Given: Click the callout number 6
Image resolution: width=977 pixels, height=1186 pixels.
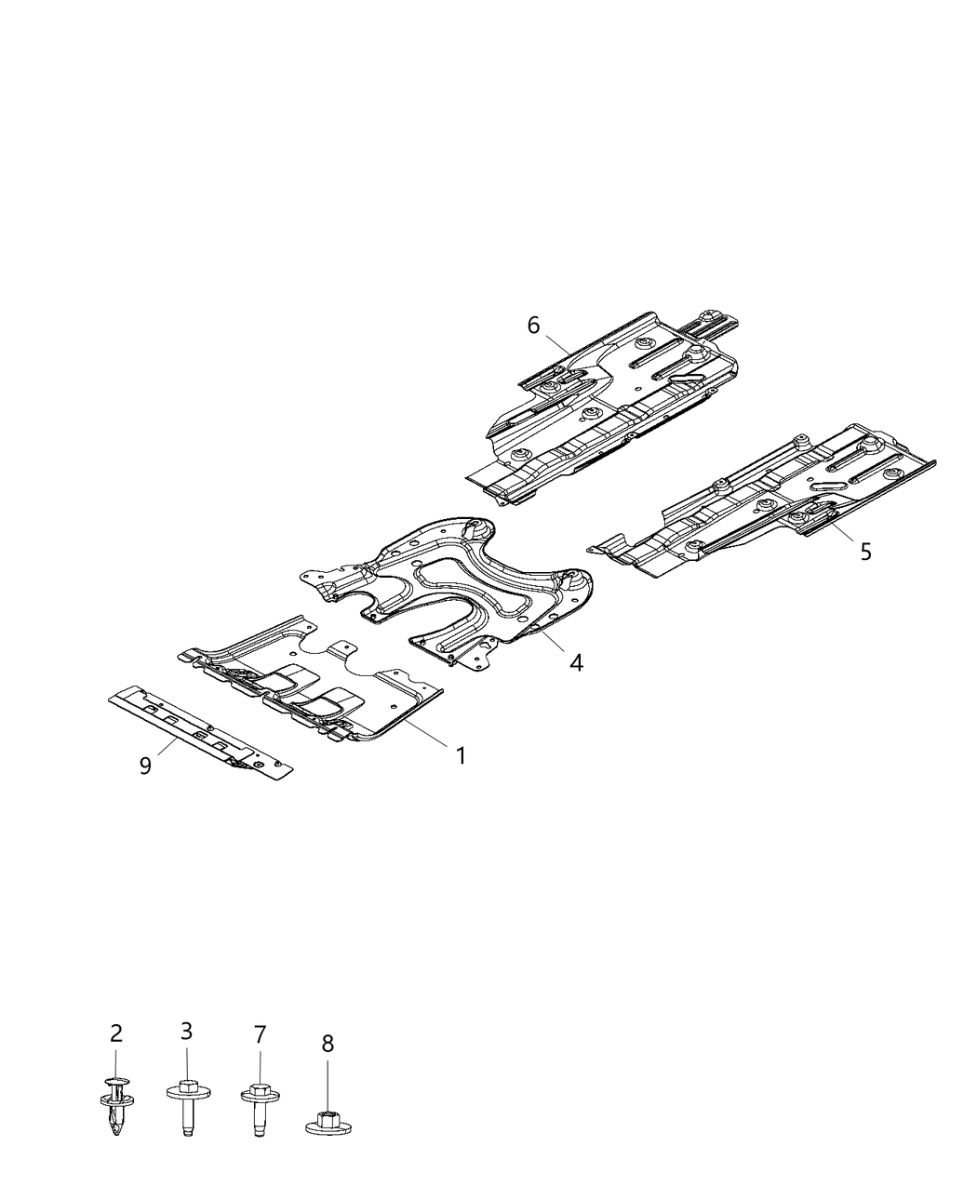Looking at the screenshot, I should click(533, 325).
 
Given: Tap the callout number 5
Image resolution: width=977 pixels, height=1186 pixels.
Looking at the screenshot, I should click(865, 552).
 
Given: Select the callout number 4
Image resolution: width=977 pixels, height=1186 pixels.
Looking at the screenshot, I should click(577, 662).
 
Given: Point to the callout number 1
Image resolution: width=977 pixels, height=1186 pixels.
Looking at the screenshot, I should click(461, 755).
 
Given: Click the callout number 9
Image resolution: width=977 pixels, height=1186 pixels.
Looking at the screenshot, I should click(145, 766).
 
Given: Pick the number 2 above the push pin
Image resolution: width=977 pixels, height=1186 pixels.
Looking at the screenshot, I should click(116, 1033).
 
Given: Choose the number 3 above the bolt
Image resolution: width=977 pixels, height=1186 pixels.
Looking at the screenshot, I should click(186, 1031).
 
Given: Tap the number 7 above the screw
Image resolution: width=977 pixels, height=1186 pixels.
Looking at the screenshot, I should click(260, 1033).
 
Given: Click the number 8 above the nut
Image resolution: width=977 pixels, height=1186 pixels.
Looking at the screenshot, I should click(328, 1044).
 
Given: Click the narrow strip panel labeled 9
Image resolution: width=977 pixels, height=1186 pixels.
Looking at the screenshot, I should click(200, 735).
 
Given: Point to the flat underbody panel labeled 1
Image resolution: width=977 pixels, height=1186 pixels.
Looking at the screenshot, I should click(316, 679).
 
